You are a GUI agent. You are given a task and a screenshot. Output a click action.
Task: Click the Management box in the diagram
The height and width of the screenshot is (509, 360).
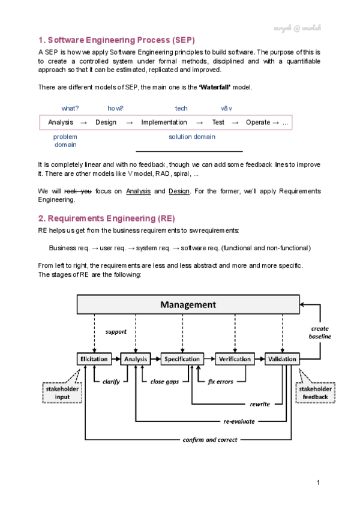188,305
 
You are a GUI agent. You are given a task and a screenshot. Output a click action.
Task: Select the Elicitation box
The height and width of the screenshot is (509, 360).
94,359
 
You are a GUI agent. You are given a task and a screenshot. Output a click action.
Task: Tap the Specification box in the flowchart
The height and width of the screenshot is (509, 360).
182,359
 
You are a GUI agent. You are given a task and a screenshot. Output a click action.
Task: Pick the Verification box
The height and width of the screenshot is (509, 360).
235,359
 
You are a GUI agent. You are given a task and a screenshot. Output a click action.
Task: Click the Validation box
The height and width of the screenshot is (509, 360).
282,359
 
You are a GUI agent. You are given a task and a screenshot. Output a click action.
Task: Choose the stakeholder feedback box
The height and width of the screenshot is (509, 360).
316,393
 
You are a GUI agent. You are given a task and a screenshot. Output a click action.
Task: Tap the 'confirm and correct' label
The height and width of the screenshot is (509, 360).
210,439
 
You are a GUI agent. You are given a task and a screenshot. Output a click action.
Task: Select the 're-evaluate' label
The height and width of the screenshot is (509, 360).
239,421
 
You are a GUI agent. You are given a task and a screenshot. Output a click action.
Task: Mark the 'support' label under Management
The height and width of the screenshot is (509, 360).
116,331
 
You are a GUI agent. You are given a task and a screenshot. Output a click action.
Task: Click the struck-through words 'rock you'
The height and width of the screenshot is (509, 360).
78,191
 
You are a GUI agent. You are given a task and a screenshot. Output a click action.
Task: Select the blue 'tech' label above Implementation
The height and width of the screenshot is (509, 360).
181,109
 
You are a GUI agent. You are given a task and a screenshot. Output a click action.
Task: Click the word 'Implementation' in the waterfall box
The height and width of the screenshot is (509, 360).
164,122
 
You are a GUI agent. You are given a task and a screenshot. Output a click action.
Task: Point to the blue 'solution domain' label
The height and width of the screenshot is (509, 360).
192,137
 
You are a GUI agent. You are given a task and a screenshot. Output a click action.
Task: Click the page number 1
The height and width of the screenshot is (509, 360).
317,483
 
